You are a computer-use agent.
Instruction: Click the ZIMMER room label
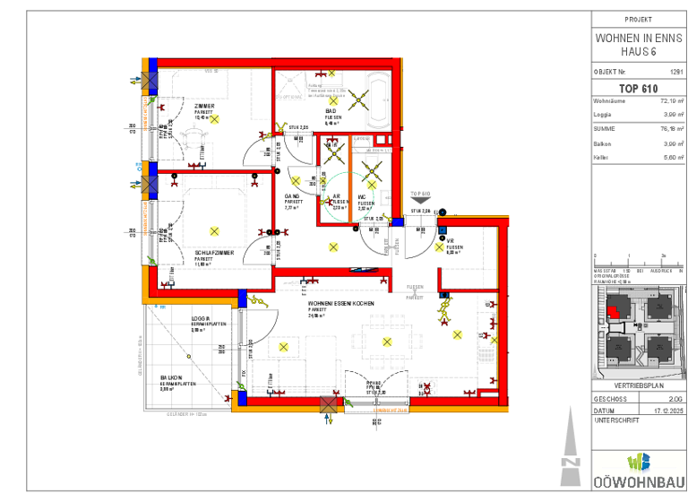click(x=203, y=106)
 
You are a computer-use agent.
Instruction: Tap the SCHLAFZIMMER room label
click(x=214, y=253)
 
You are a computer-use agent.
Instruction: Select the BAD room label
click(x=331, y=111)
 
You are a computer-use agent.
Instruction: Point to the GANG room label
click(x=292, y=196)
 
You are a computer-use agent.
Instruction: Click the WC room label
click(x=364, y=196)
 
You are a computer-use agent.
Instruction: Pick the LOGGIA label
click(x=201, y=318)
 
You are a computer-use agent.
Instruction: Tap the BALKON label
click(x=172, y=377)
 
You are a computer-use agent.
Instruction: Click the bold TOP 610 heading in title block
click(x=638, y=88)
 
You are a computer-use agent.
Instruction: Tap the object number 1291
click(x=675, y=70)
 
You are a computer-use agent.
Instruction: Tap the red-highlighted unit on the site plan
click(x=613, y=310)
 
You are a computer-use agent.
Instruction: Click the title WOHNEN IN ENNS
click(x=638, y=39)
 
